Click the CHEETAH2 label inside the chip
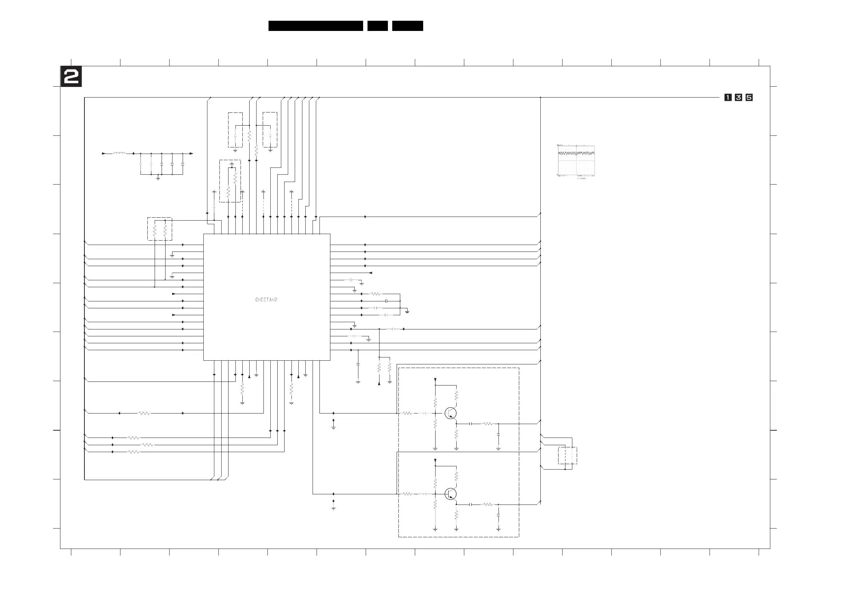(266, 300)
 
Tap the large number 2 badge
(71, 76)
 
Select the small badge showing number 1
(727, 98)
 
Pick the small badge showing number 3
(738, 98)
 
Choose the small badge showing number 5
(749, 98)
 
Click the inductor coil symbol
(120, 153)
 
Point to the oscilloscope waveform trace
(576, 153)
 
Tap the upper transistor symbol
(450, 413)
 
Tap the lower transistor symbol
(450, 494)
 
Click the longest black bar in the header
(315, 26)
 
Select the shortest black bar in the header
(377, 26)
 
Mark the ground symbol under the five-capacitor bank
(158, 178)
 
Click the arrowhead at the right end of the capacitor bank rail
(191, 154)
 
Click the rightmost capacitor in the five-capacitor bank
(183, 165)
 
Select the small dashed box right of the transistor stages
(567, 456)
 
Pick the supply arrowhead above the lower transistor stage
(435, 460)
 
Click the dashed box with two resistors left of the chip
(160, 229)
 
